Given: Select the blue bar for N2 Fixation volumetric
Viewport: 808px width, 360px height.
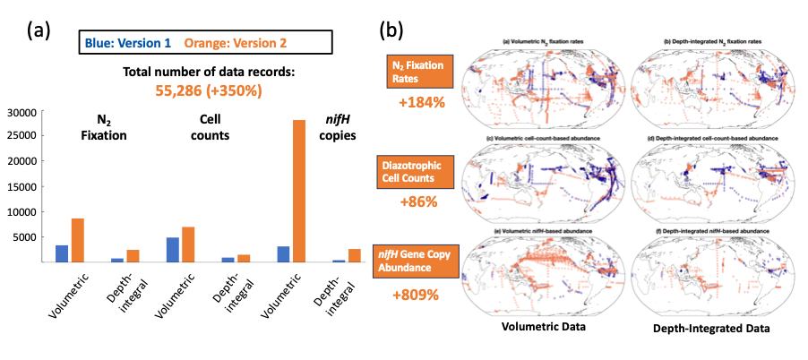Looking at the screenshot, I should pyautogui.click(x=62, y=253).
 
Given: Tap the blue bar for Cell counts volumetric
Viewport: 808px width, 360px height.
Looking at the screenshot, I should pyautogui.click(x=173, y=250).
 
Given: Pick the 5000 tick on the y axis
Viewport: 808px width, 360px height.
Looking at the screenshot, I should pyautogui.click(x=23, y=237).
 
